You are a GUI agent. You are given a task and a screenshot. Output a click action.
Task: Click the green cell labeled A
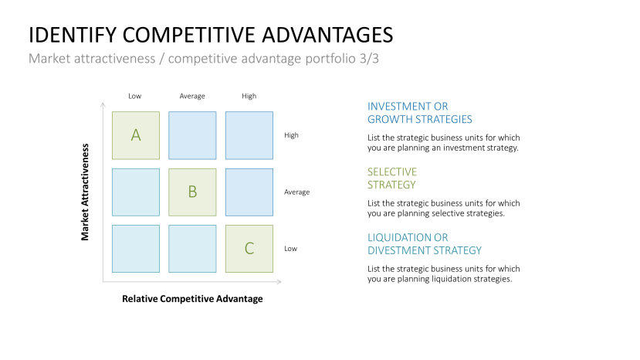click(136, 135)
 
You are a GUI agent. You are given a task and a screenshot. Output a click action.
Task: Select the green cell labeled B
click(192, 192)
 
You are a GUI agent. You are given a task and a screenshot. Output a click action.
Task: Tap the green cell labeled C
click(249, 249)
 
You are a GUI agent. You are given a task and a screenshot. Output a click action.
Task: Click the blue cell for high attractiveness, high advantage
click(249, 135)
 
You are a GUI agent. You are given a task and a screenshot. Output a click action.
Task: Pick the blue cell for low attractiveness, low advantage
click(136, 249)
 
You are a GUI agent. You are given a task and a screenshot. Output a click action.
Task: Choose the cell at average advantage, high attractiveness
click(192, 135)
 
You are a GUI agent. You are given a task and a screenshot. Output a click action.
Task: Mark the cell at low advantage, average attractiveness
click(136, 192)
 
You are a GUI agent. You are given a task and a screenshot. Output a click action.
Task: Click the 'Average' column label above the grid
click(192, 96)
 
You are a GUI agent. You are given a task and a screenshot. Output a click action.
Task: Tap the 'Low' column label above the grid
click(134, 96)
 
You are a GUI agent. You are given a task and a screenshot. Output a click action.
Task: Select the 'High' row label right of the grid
click(291, 135)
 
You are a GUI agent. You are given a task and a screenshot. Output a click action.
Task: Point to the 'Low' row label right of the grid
click(290, 249)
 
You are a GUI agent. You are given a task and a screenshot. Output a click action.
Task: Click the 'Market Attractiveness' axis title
click(85, 192)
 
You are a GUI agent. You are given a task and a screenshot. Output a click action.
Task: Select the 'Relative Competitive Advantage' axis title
click(192, 299)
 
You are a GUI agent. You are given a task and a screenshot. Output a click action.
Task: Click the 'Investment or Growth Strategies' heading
click(420, 113)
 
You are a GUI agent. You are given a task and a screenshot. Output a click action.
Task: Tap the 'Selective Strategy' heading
click(392, 178)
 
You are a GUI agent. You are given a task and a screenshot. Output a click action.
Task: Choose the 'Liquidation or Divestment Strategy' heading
click(425, 244)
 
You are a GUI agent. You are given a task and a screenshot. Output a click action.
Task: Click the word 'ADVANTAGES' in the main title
click(327, 35)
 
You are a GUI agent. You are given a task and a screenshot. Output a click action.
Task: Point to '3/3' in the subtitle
click(369, 59)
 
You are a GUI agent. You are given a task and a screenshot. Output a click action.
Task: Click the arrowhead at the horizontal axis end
click(279, 281)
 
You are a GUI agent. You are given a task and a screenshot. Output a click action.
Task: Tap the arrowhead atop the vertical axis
click(103, 105)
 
